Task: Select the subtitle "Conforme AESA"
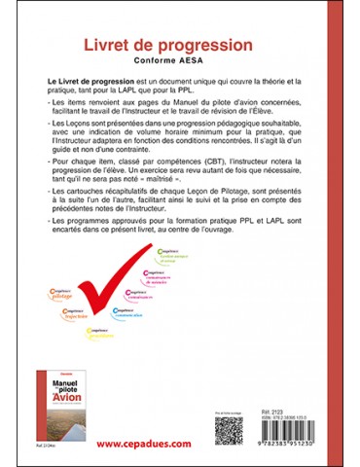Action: coord(179,64)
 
